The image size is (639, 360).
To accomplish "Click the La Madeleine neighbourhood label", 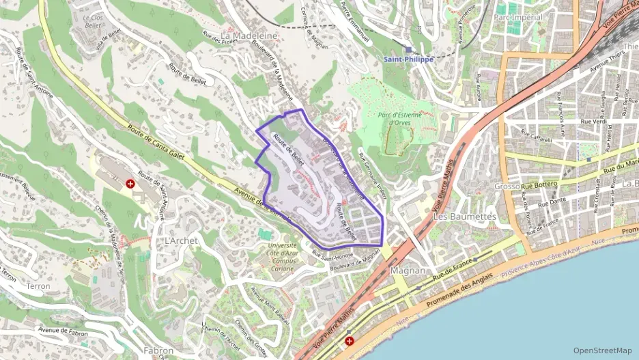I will coord(249,35).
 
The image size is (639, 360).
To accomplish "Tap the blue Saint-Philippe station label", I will coord(408,59).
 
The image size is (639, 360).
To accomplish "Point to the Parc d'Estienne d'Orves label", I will coord(399,119).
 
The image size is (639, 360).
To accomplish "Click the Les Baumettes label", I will coord(464,217).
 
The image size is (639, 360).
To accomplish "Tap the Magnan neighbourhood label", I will coord(408,271).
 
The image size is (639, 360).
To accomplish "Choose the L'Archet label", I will coord(181,241).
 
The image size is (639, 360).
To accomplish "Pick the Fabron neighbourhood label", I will coord(159,350).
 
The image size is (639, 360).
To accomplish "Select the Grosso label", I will coord(507,186).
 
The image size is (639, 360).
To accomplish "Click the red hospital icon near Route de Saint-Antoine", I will coord(130,184).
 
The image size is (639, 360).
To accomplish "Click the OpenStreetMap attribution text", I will coord(602,350).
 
